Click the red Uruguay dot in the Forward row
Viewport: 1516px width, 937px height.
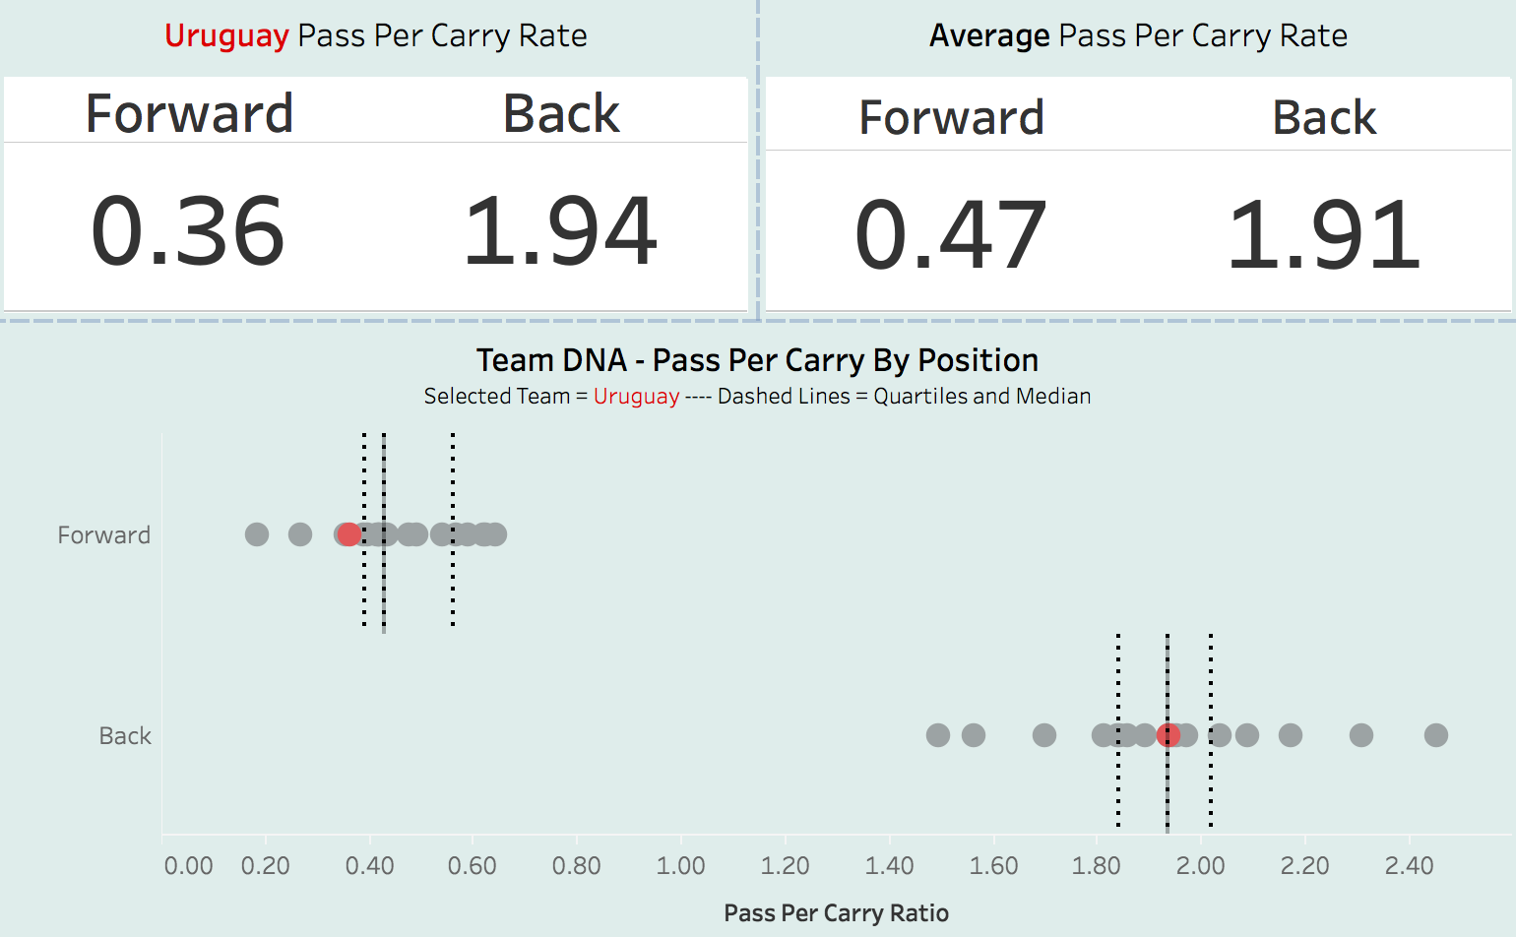(349, 534)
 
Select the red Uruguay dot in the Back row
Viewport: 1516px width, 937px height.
(1169, 735)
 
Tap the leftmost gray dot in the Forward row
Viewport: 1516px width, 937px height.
(257, 534)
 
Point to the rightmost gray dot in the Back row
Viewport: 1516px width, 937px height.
(1436, 735)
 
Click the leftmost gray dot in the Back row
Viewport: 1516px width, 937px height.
(938, 735)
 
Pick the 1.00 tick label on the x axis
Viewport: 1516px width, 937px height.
(680, 866)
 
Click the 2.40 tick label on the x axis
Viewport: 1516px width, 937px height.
(1409, 866)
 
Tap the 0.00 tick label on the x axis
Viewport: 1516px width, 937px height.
(188, 866)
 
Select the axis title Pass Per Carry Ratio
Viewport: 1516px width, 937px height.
(836, 913)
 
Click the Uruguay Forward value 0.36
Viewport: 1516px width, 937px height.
(188, 232)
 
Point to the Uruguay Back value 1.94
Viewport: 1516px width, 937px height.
(560, 232)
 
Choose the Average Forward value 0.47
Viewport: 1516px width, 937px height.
(951, 236)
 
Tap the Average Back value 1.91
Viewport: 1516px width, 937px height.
(1324, 236)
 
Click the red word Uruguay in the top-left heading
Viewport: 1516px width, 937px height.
(226, 36)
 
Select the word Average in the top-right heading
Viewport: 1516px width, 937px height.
(989, 36)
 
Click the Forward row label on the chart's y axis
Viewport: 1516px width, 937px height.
(104, 535)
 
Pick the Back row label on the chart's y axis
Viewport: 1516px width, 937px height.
(125, 736)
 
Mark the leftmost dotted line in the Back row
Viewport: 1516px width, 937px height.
(1118, 787)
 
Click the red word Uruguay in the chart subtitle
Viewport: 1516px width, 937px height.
(636, 397)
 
